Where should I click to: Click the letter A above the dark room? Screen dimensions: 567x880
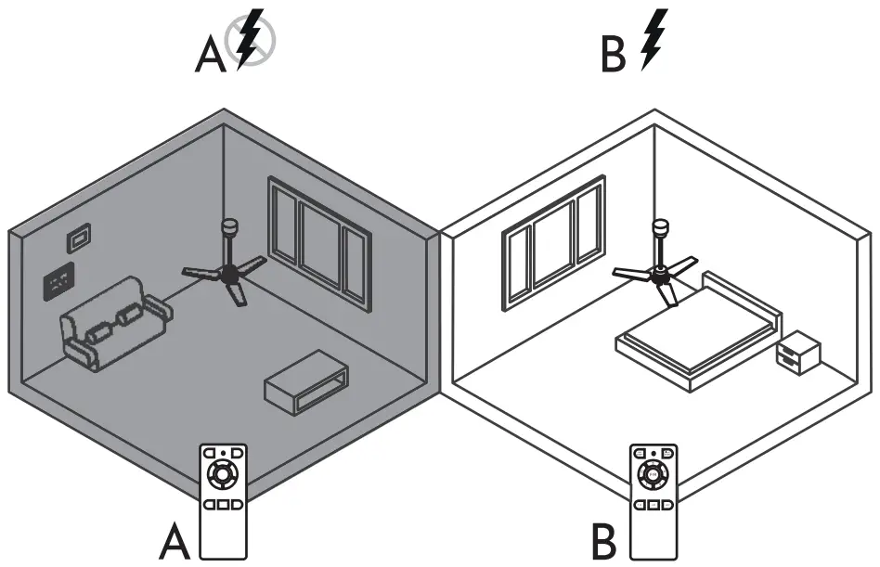pos(210,56)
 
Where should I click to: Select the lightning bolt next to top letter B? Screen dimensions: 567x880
pos(655,39)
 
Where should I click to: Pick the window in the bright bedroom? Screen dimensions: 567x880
pos(552,237)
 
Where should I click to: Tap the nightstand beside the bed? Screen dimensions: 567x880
pos(798,354)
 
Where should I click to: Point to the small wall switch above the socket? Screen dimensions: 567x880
pos(78,238)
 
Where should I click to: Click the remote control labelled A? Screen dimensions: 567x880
pos(223,501)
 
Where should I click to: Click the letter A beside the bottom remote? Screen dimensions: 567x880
pos(175,542)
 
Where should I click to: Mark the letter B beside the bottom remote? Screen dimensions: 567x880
pos(606,542)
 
